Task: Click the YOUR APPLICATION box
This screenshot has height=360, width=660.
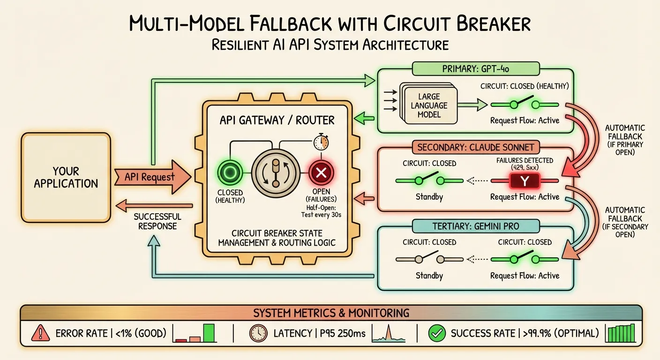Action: (66, 177)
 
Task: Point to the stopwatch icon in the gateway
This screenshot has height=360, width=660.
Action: (321, 141)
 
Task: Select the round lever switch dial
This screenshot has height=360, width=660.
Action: (275, 172)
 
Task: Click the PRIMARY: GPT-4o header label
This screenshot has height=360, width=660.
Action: (476, 69)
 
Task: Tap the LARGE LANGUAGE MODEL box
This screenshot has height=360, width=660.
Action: (428, 105)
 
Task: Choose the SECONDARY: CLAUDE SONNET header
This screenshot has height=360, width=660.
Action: (476, 147)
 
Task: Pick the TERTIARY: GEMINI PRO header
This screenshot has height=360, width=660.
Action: (476, 226)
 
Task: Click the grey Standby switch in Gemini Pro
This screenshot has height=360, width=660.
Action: (429, 259)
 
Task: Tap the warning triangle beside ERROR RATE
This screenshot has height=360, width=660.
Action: (40, 333)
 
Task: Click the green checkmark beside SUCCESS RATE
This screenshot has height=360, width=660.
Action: (437, 333)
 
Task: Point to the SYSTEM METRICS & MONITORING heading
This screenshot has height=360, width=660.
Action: (331, 313)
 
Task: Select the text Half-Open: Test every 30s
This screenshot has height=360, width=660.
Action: (321, 211)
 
